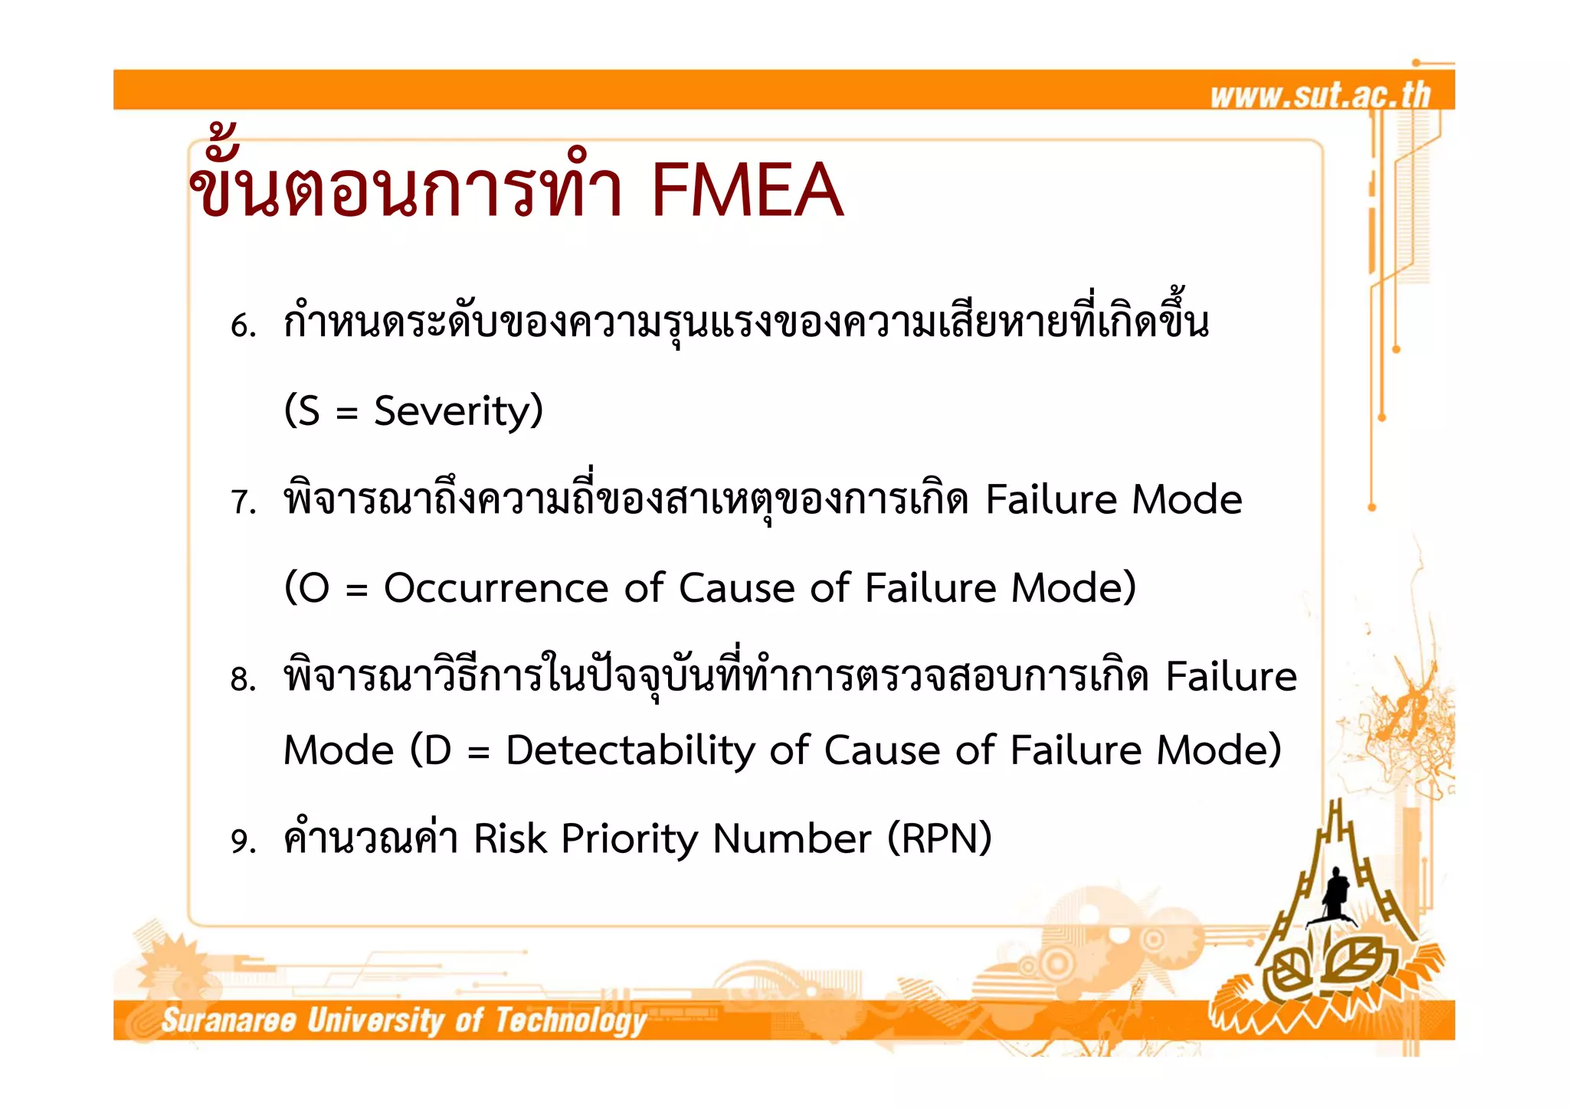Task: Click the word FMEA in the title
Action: tap(747, 190)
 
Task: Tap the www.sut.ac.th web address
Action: tap(1320, 95)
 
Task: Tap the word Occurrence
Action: tap(496, 588)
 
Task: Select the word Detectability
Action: tap(630, 750)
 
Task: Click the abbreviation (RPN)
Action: tap(939, 838)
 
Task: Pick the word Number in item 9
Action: tap(791, 838)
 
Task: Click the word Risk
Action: tap(509, 838)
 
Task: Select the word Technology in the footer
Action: tap(571, 1021)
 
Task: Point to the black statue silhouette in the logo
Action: tap(1335, 893)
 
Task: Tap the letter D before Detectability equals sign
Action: tap(437, 750)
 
